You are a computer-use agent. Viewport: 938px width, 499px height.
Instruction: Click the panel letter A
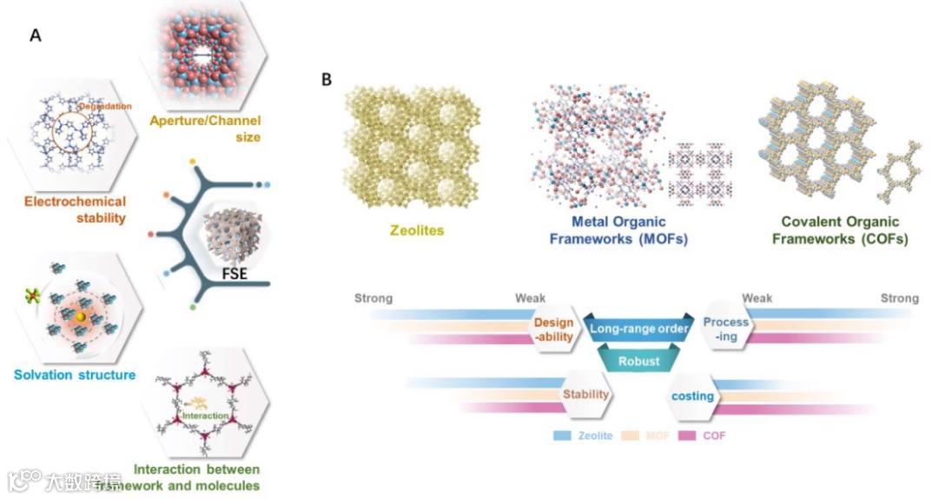(36, 36)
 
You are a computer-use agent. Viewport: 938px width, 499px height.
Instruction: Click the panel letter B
(327, 80)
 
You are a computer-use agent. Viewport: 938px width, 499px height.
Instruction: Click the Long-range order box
(640, 329)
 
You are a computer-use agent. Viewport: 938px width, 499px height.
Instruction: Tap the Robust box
(638, 360)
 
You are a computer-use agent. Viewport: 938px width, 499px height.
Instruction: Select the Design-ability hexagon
(553, 329)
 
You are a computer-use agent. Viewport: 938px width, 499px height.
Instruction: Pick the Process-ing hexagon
(725, 329)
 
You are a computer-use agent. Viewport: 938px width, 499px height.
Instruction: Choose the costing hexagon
(692, 396)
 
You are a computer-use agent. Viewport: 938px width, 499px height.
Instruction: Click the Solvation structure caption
(75, 375)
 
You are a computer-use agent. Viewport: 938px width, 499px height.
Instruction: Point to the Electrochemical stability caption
(74, 210)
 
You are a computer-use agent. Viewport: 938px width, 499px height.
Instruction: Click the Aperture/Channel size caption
(205, 129)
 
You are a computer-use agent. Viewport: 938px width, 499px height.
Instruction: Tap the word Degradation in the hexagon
(109, 106)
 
